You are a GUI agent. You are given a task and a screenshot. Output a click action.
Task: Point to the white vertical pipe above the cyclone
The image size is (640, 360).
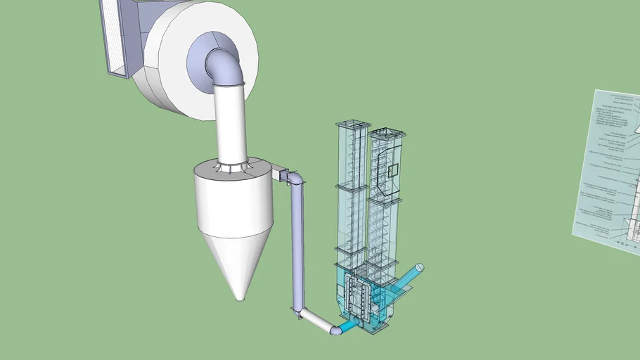click(x=229, y=123)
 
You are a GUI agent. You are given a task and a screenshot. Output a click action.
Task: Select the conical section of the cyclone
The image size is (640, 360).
click(x=238, y=260)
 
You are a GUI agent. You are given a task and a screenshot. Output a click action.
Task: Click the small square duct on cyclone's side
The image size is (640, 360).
click(x=279, y=173)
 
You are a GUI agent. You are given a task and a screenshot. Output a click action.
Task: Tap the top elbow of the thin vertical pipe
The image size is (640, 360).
click(x=296, y=179)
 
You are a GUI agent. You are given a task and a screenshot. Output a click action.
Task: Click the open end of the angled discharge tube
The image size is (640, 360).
click(x=419, y=268)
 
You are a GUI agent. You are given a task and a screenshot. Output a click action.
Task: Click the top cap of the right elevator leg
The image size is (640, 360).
click(x=383, y=131)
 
